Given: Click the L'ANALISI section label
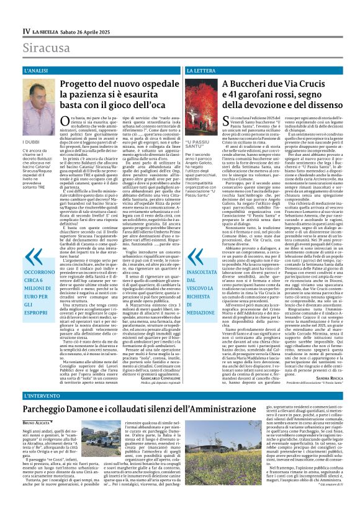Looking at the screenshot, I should [37, 72].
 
